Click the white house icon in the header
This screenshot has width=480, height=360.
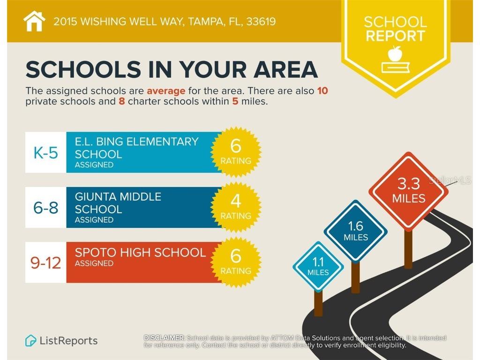tap(34, 21)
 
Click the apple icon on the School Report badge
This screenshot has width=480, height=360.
tap(395, 53)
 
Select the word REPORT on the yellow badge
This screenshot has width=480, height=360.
tap(395, 36)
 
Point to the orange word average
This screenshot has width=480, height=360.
tap(166, 91)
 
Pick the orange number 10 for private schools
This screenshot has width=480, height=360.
tap(322, 91)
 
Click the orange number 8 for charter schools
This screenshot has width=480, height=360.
tap(122, 101)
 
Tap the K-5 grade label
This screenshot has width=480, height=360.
tap(45, 152)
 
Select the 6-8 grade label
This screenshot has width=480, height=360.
tap(45, 208)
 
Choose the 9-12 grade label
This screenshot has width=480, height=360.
tap(45, 263)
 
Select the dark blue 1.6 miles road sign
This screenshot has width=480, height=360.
tap(356, 231)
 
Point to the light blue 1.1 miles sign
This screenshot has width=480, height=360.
tap(318, 266)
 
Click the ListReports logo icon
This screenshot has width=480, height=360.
tap(31, 340)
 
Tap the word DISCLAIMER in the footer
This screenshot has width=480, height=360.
tap(164, 338)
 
